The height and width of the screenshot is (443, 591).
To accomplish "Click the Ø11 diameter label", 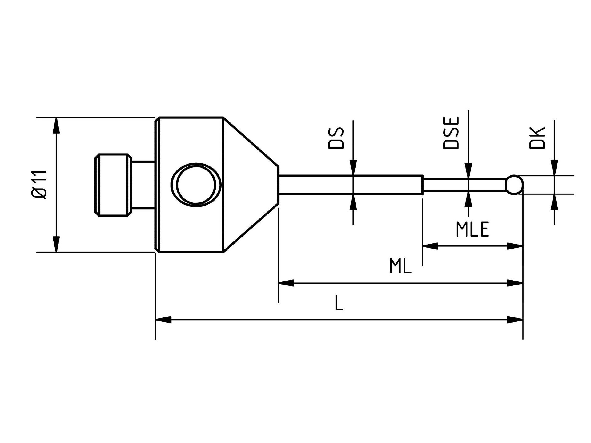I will [x=39, y=185].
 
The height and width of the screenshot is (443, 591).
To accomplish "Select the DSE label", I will [x=451, y=133].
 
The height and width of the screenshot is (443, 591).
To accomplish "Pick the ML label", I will [x=400, y=266].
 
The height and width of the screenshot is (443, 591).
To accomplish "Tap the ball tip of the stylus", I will [x=514, y=185].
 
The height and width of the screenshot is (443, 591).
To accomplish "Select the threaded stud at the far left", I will [x=113, y=185].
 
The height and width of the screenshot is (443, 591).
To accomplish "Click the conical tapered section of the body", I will [x=249, y=185].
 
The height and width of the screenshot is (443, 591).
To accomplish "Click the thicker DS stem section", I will [x=351, y=185].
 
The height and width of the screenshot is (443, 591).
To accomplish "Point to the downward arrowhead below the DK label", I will [x=554, y=168].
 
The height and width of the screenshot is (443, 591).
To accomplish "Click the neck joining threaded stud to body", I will [x=143, y=185].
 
